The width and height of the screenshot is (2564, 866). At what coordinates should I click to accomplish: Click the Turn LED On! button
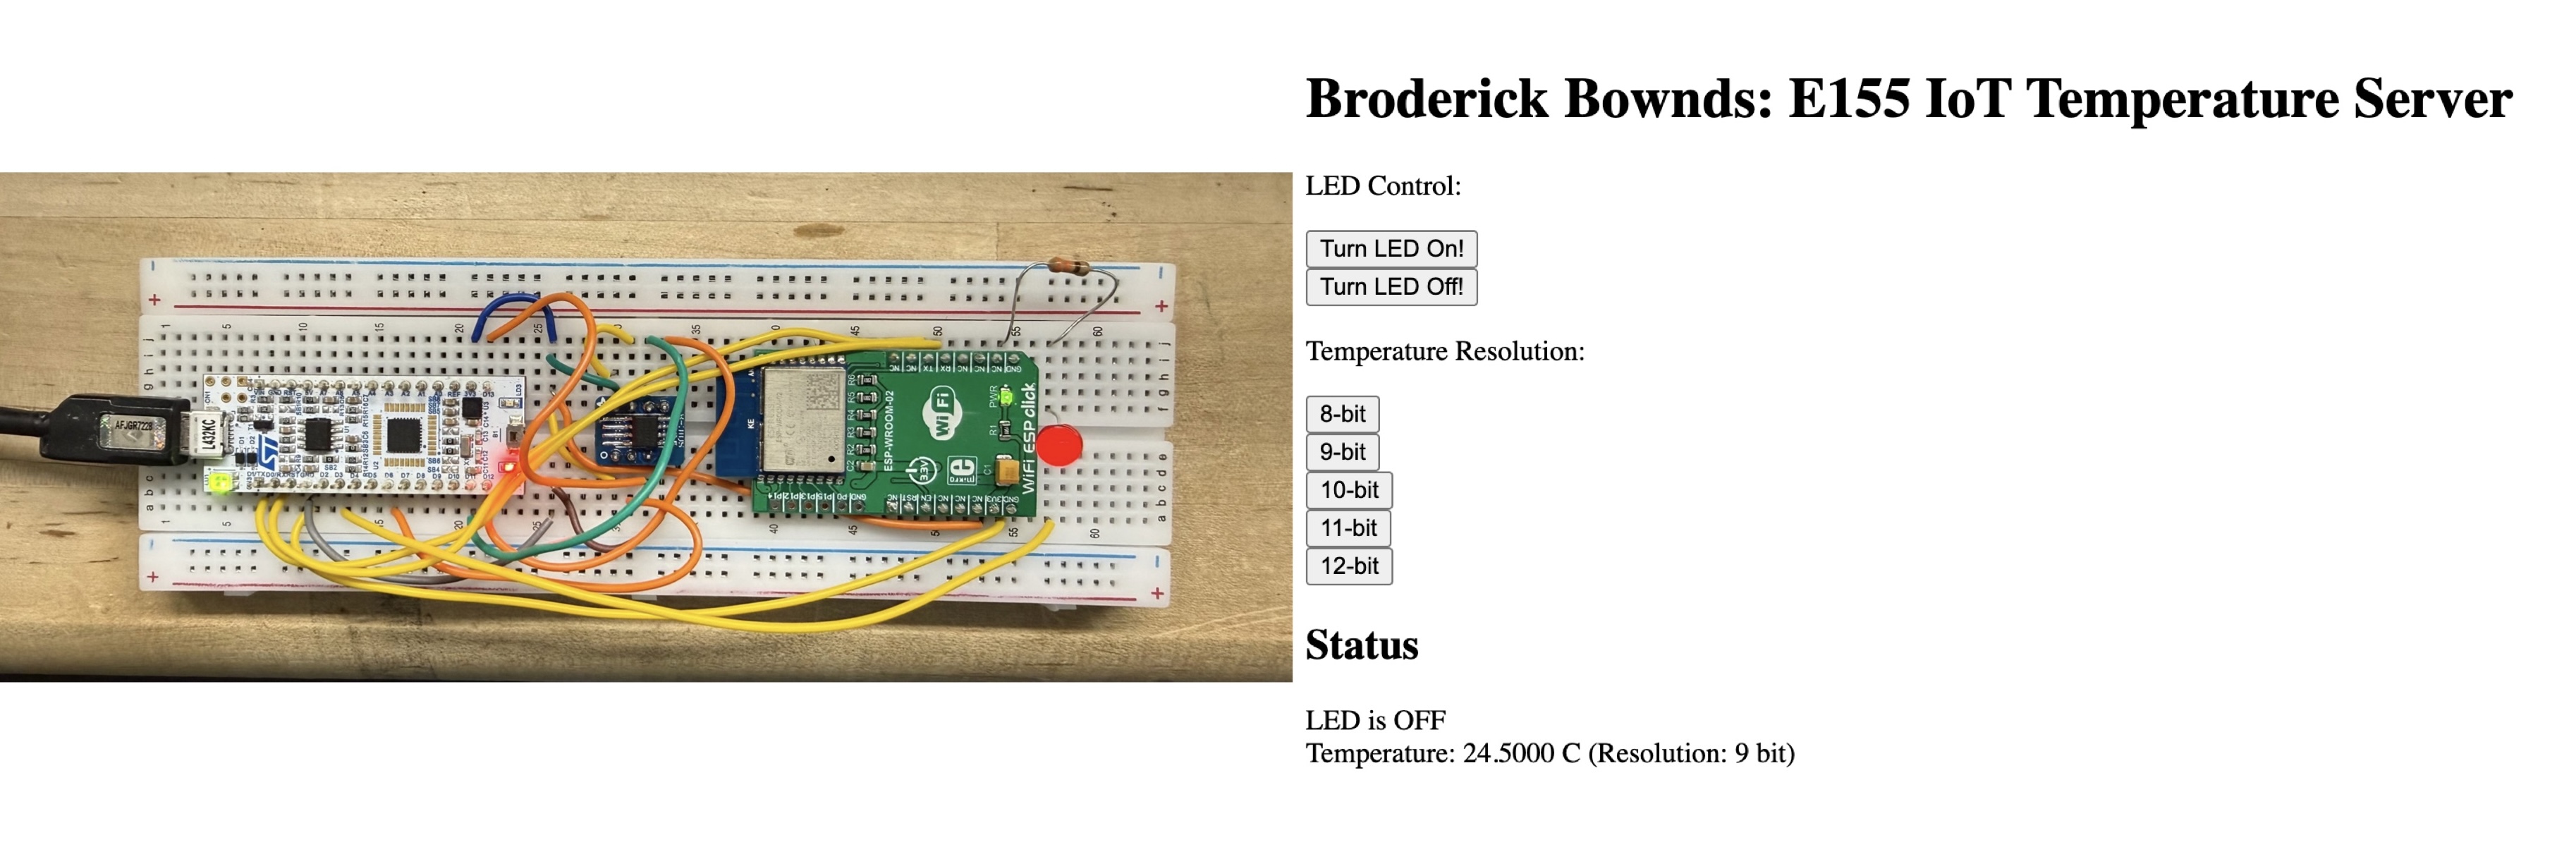coord(1391,249)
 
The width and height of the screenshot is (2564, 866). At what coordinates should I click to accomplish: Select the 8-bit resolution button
coord(1342,414)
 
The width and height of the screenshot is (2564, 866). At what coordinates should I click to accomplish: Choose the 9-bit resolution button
coord(1342,452)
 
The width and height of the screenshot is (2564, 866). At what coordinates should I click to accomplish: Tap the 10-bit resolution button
coord(1349,489)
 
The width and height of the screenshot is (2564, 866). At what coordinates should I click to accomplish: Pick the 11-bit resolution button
coord(1348,527)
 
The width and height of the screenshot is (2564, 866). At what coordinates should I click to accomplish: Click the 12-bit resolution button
coord(1349,566)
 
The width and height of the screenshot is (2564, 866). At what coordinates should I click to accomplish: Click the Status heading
coord(1362,645)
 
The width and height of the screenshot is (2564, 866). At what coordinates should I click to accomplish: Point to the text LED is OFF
coord(1374,720)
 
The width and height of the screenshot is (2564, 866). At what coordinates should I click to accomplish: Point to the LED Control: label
coord(1383,186)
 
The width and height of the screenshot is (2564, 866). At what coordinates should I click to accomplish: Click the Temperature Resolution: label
coord(1444,351)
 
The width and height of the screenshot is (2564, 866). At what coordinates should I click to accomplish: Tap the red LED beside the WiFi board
coord(1059,445)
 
